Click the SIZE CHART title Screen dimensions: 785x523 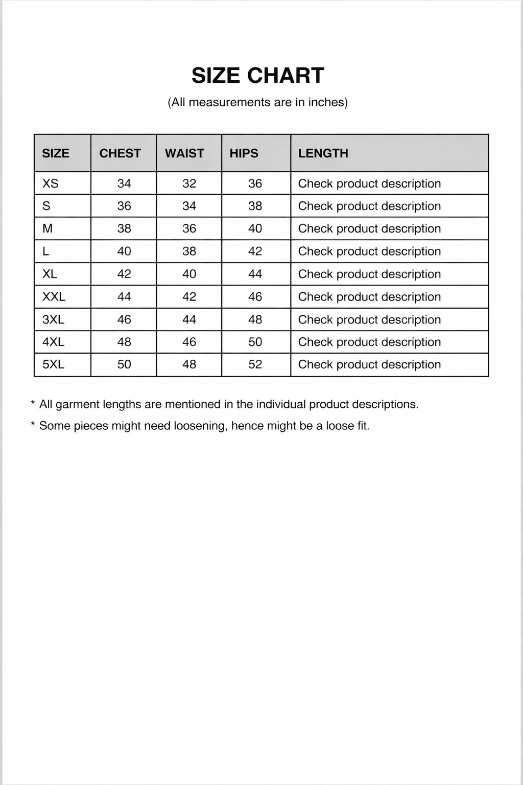258,76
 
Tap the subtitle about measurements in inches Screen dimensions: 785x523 258,102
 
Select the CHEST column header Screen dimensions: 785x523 120,153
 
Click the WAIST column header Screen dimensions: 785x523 184,153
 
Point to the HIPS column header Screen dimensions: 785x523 244,153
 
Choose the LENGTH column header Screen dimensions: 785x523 323,153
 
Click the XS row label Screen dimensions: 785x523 50,183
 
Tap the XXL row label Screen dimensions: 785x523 54,297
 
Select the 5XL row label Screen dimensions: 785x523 53,364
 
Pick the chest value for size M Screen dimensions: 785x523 124,228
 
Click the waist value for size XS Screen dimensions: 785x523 189,183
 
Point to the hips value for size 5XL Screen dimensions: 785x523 255,364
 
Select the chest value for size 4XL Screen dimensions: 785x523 124,342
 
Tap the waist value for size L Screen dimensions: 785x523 189,251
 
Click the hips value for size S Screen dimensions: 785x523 255,206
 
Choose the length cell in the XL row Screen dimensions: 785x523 369,274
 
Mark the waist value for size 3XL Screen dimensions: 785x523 189,319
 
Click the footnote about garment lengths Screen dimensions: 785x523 229,404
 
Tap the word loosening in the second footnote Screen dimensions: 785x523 200,426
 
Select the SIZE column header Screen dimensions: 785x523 56,153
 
